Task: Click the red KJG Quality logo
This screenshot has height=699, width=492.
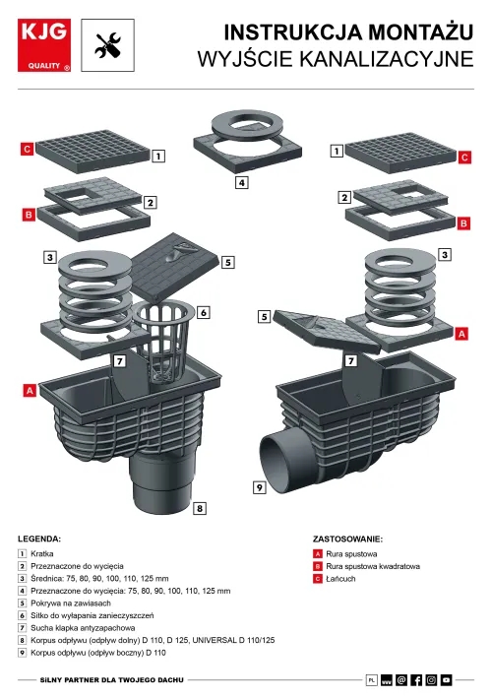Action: (x=44, y=45)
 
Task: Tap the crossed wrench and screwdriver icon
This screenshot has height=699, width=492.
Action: (x=107, y=45)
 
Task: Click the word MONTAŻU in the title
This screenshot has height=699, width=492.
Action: (x=421, y=32)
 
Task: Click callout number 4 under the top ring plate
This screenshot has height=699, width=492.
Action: (x=241, y=182)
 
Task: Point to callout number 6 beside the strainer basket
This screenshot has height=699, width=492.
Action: (x=204, y=312)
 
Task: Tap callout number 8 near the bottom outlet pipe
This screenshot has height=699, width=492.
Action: (x=199, y=508)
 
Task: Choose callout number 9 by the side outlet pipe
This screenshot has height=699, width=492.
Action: (x=260, y=487)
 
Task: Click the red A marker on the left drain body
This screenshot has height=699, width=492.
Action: (x=30, y=391)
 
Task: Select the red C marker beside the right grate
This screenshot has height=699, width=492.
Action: (x=464, y=157)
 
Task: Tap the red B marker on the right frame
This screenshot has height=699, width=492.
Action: (x=463, y=223)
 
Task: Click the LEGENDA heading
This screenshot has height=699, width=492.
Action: (x=39, y=539)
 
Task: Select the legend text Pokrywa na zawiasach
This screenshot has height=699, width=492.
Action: (x=71, y=604)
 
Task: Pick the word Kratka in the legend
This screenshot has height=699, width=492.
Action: (x=42, y=553)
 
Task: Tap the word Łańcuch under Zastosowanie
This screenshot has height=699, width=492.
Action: (x=340, y=579)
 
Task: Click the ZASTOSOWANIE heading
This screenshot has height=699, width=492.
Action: (x=347, y=539)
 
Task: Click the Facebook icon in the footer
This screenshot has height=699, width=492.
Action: (x=416, y=680)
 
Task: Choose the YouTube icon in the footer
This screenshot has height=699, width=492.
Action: (x=446, y=680)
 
